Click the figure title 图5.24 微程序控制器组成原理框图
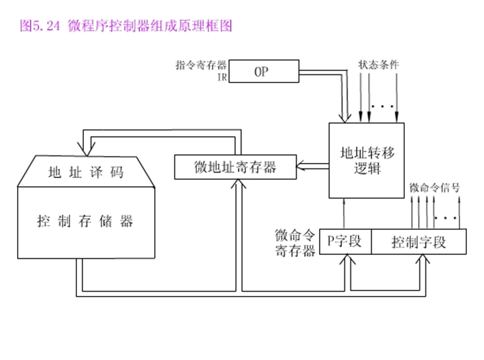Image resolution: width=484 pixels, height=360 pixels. click(x=127, y=27)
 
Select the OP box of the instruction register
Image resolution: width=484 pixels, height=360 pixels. click(x=262, y=71)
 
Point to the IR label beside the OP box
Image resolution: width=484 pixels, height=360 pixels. click(x=222, y=77)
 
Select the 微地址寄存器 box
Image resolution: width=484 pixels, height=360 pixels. click(x=235, y=167)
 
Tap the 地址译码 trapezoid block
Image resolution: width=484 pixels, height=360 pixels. click(x=86, y=172)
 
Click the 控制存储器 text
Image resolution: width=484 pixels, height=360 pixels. click(x=86, y=221)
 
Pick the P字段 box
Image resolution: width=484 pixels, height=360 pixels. click(x=346, y=241)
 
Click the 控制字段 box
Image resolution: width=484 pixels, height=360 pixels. click(x=419, y=241)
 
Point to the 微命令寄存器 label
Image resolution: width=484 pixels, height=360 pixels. click(x=294, y=243)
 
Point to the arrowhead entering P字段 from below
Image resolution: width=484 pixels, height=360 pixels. click(x=348, y=259)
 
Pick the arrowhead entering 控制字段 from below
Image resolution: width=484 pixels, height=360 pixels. click(x=419, y=259)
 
